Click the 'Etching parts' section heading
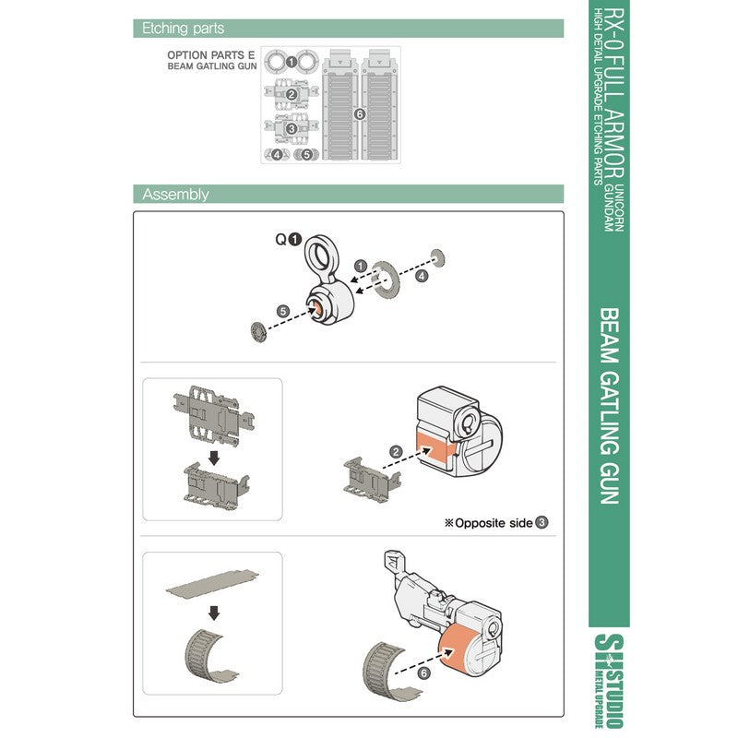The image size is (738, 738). coord(183,29)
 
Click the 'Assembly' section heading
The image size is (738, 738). coord(175,194)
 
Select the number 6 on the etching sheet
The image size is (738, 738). coord(360,113)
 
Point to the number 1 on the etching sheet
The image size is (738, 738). coord(291,62)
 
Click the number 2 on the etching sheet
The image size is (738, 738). coord(291,94)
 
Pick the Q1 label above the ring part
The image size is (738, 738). coord(287,238)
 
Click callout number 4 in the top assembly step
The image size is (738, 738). coord(421,275)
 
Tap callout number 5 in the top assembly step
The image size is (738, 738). coord(283,311)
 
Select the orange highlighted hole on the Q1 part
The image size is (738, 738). coord(316,309)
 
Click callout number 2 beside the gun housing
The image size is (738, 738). coord(396,451)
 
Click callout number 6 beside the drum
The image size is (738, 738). coord(423,674)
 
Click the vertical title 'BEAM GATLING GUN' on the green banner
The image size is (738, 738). coord(610,406)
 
